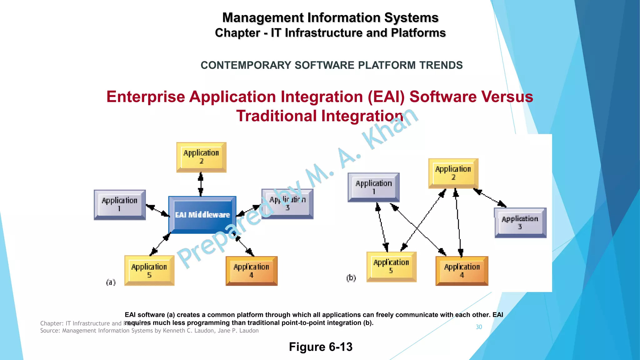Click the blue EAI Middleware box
[x=202, y=215]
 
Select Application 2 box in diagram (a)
[x=201, y=157]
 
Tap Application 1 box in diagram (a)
[x=120, y=205]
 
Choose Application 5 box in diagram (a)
[x=149, y=270]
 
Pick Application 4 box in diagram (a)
[x=252, y=271]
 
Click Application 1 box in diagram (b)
[x=373, y=187]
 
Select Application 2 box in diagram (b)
[x=453, y=173]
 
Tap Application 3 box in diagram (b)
[x=520, y=222]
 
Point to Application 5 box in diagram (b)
[x=391, y=267]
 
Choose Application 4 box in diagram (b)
[x=462, y=271]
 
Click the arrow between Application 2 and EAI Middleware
[x=201, y=184]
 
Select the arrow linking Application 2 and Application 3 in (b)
[x=490, y=197]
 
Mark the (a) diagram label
[x=111, y=282]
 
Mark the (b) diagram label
[x=351, y=278]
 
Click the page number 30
[x=479, y=327]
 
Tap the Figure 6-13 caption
[x=321, y=347]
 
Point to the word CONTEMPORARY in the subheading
[x=246, y=65]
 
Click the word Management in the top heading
[x=262, y=18]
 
